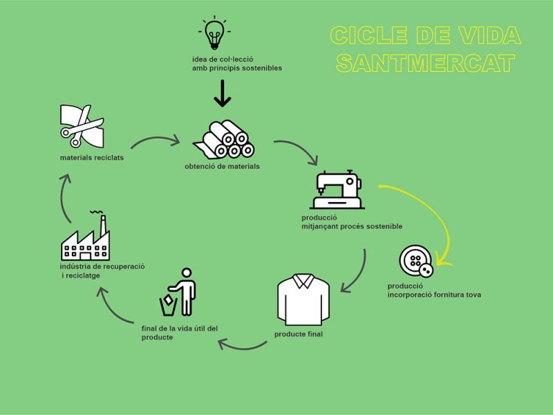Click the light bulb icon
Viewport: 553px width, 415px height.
pos(214,33)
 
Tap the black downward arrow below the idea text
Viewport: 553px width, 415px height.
pos(222,93)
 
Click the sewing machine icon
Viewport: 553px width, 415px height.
pos(337,190)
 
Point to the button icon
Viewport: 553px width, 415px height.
pos(416,261)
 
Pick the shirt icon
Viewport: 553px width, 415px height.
pos(303,299)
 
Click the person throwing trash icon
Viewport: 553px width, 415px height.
pos(178,292)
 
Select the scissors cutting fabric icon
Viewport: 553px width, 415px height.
pos(82,126)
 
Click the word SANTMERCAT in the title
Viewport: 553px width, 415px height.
pos(425,63)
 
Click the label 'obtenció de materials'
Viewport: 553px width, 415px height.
pos(222,166)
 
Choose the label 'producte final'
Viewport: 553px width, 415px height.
pos(299,334)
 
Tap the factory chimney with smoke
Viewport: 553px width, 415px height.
pos(102,224)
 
